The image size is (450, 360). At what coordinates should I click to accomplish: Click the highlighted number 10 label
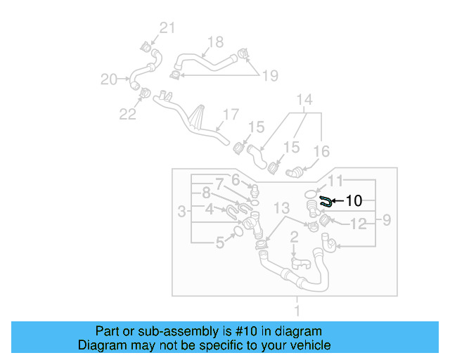354,201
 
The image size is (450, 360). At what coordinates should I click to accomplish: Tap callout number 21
166,28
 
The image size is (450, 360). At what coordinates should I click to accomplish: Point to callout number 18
215,41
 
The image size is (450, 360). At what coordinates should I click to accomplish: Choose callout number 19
270,75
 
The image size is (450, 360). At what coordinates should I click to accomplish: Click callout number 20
108,79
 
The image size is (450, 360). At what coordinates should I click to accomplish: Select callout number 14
303,100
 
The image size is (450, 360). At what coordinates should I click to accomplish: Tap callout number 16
321,150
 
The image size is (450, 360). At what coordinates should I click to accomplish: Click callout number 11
336,181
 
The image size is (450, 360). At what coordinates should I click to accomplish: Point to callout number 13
281,207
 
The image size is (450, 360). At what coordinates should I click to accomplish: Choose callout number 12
359,225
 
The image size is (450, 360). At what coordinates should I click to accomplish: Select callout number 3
182,210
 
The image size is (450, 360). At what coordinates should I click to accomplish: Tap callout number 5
220,243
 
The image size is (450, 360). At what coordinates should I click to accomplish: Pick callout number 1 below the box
297,310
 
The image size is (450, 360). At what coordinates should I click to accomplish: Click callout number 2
295,237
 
